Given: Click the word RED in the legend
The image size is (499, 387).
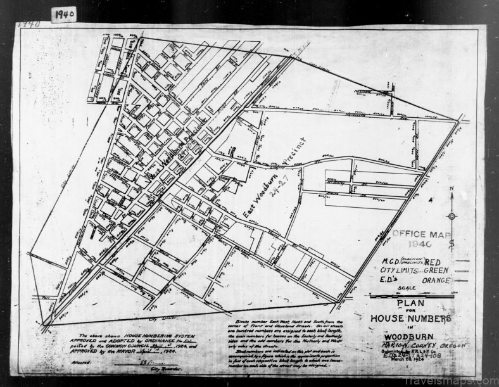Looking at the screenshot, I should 436,261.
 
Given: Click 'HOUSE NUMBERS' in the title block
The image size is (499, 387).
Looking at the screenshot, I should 417,318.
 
